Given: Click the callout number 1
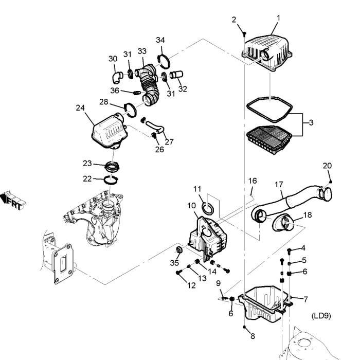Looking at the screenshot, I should pyautogui.click(x=278, y=18).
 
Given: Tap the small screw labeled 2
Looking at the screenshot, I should pyautogui.click(x=244, y=34).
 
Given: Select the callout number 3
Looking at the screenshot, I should pyautogui.click(x=310, y=123).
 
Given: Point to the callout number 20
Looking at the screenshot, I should pyautogui.click(x=327, y=166).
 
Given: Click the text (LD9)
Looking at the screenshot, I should pyautogui.click(x=320, y=315).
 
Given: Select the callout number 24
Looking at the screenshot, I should pyautogui.click(x=80, y=108).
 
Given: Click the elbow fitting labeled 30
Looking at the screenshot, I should pyautogui.click(x=116, y=77).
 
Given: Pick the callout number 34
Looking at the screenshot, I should pyautogui.click(x=160, y=40).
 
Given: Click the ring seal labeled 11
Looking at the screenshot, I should pyautogui.click(x=208, y=208).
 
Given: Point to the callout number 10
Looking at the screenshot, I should pyautogui.click(x=191, y=206).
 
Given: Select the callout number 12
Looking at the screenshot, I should pyautogui.click(x=191, y=285).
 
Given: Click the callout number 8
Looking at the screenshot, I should pyautogui.click(x=253, y=336).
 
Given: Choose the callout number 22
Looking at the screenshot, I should pyautogui.click(x=87, y=178).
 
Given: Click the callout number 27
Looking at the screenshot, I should pyautogui.click(x=169, y=141).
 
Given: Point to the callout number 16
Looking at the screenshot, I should pyautogui.click(x=253, y=181).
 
